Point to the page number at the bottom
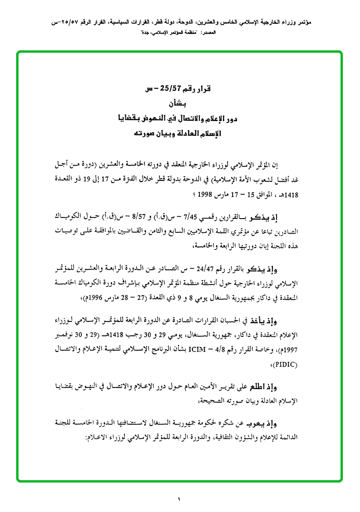(x=180, y=499)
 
